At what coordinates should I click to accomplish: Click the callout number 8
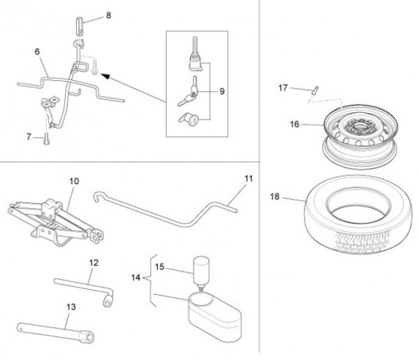(x=108, y=15)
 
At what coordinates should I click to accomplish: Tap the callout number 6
(x=37, y=52)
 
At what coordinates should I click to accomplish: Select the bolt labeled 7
(x=46, y=139)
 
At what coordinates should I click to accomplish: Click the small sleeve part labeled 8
(x=80, y=26)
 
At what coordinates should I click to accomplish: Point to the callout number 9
(x=222, y=91)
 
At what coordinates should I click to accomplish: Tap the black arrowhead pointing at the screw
(x=105, y=76)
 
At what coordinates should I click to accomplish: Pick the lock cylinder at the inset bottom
(x=189, y=119)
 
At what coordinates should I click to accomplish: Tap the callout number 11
(x=249, y=179)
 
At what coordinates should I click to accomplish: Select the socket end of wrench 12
(x=108, y=301)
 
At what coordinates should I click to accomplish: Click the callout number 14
(x=135, y=278)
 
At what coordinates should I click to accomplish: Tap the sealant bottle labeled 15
(x=201, y=271)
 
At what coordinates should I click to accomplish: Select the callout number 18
(x=274, y=197)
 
